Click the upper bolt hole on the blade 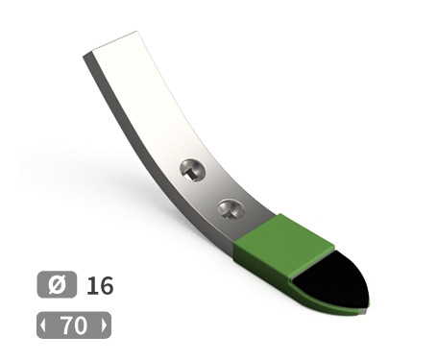pos(192,170)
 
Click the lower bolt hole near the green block pos(231,209)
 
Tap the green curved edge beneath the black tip pos(327,300)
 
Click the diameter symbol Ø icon pos(57,284)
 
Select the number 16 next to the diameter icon pos(100,285)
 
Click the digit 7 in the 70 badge pos(66,325)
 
